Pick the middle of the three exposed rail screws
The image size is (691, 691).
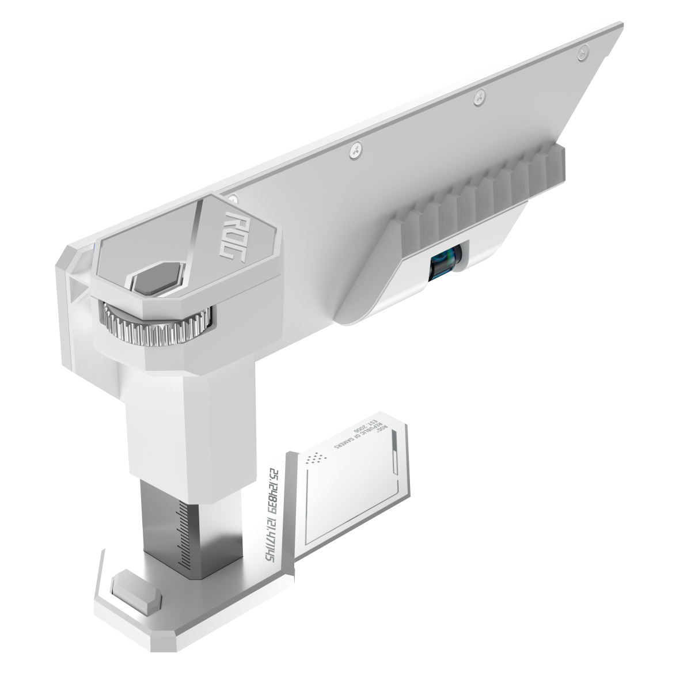479,99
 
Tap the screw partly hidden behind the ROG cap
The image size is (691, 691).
231,198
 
